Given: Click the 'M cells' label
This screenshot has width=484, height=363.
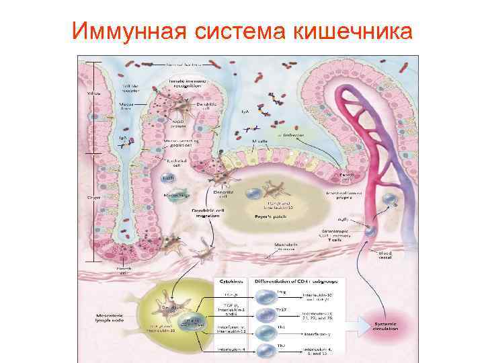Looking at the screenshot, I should [260, 140].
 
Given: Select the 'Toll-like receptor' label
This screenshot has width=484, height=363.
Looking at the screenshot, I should [130, 89].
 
